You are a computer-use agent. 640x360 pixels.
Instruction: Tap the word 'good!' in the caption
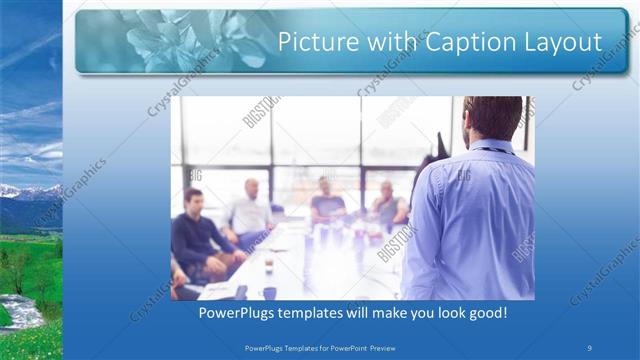pos(485,313)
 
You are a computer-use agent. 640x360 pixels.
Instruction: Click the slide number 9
pos(589,347)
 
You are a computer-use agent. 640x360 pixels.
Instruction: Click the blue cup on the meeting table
pos(269,292)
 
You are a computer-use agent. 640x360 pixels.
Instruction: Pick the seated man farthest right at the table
pos(388,205)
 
